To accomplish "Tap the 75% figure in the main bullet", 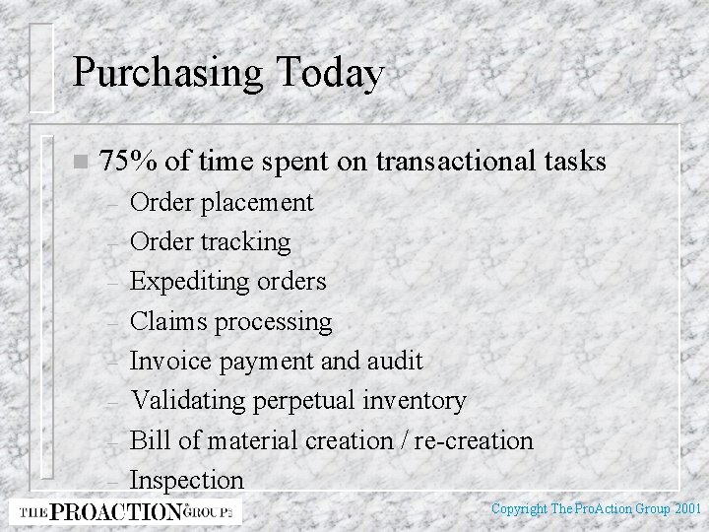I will pos(125,161).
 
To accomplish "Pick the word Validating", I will pos(190,400).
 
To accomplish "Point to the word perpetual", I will pos(308,400).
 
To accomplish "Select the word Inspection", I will pos(187,480).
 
